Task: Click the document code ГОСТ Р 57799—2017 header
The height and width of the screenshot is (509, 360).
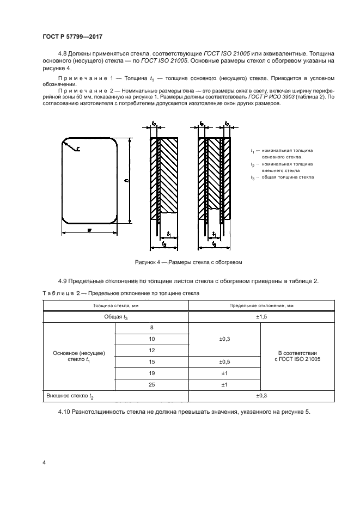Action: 72,36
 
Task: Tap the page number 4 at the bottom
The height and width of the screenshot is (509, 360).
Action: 44,463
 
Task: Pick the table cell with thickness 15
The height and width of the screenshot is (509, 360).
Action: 151,361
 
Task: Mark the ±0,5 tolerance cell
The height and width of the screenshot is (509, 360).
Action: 224,361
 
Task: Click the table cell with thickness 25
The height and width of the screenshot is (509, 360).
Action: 151,385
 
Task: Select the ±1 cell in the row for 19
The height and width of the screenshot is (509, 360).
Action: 224,373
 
